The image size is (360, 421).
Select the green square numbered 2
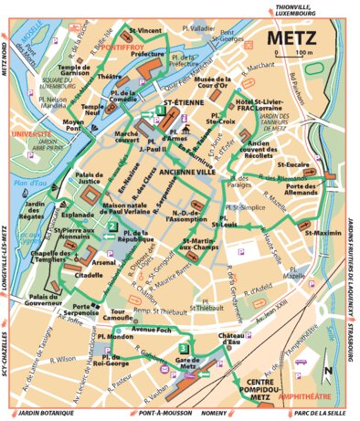click(x=111, y=227)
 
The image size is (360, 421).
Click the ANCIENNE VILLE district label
click(x=187, y=171)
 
